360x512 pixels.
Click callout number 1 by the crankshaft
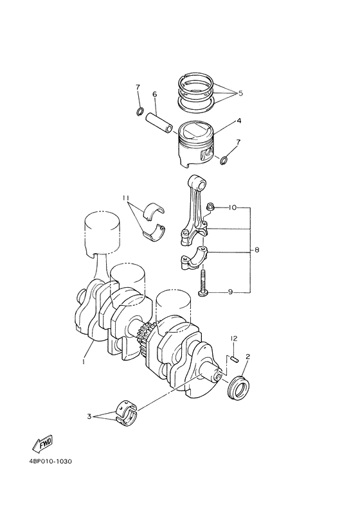[84, 362]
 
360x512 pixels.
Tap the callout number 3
[89, 416]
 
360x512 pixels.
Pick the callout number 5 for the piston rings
[240, 93]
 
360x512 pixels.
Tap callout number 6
[155, 94]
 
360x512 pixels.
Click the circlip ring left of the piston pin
[139, 114]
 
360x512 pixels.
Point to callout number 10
[233, 207]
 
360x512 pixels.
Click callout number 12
[235, 338]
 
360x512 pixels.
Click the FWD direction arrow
[42, 443]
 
